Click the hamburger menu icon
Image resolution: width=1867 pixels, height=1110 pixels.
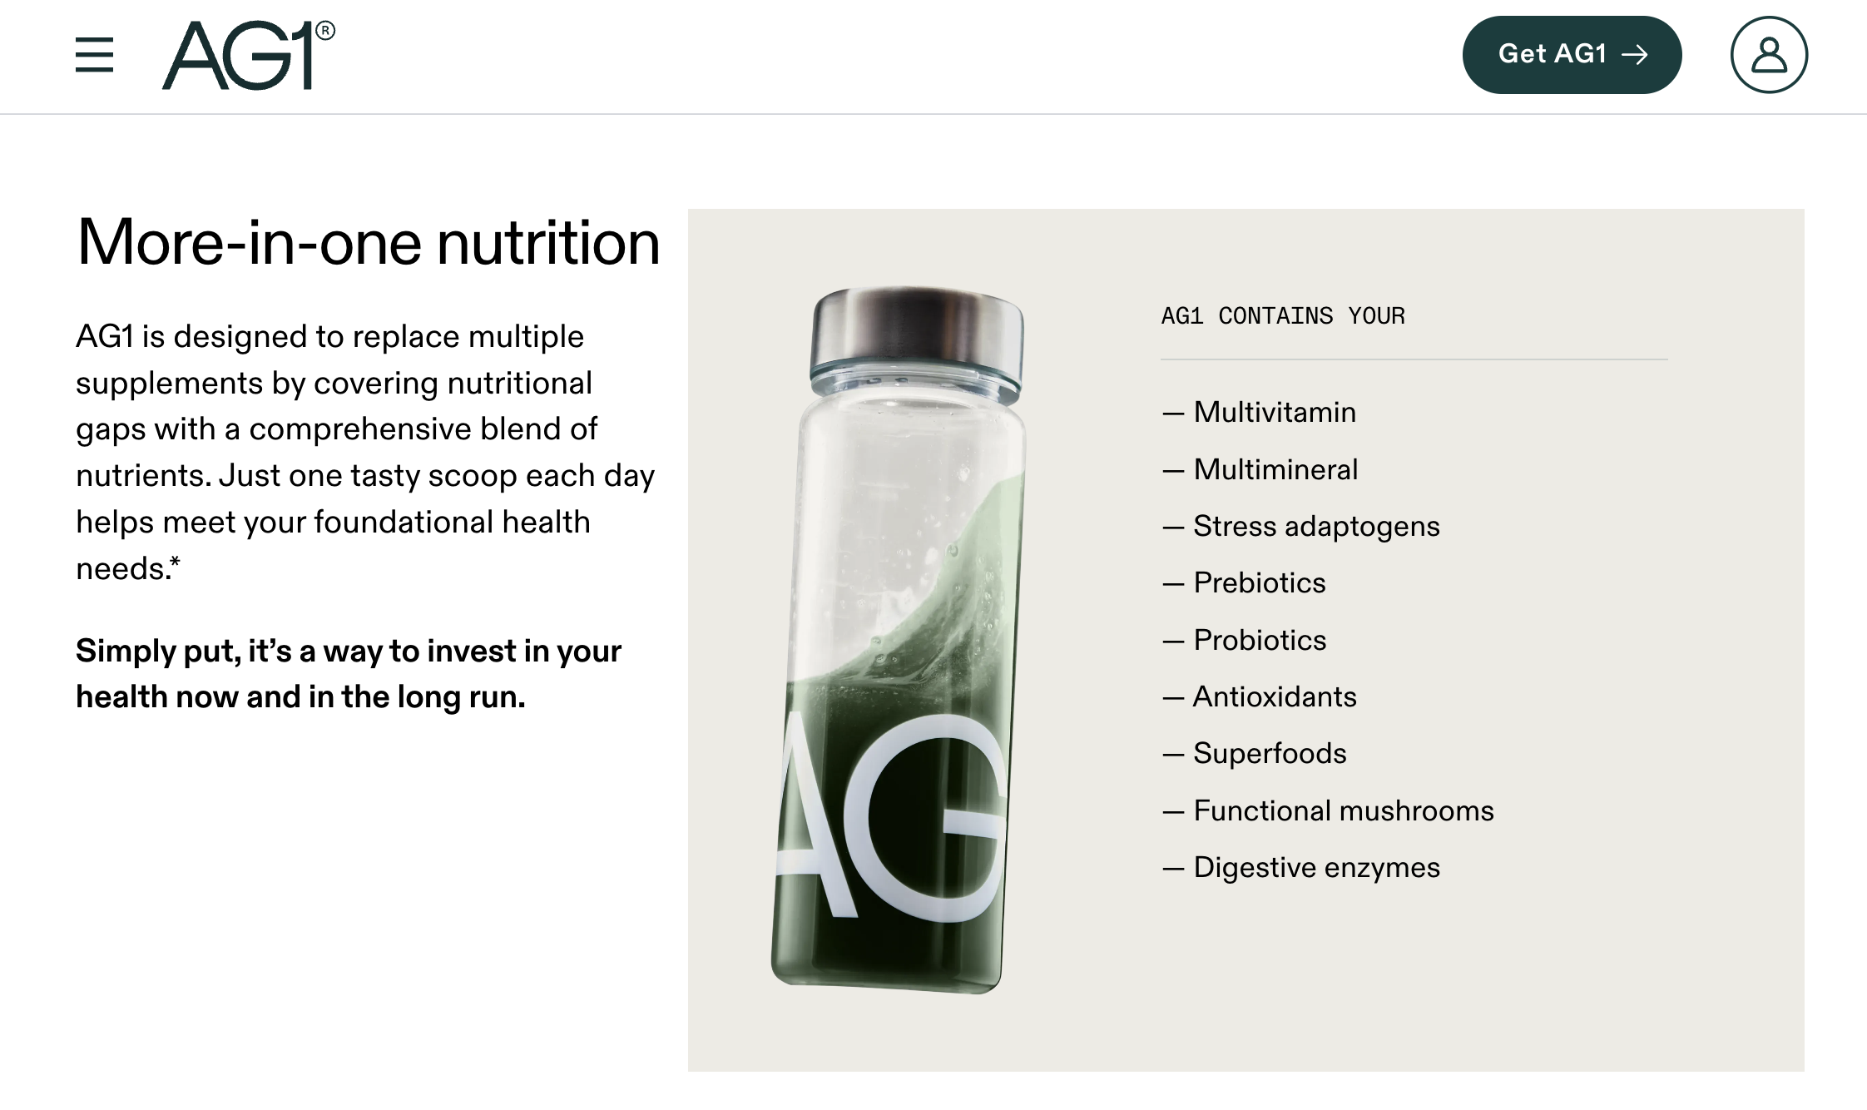coord(94,55)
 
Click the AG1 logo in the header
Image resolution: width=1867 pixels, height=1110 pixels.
coord(247,55)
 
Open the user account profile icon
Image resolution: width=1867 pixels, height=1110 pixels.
coord(1769,55)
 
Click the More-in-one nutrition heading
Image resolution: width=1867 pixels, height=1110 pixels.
coord(368,243)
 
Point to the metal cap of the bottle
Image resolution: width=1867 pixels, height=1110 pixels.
coord(917,329)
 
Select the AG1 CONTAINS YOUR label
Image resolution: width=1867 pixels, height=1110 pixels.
coord(1282,316)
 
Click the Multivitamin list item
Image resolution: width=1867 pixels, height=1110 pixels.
coord(1274,412)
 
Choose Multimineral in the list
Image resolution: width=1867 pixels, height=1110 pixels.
coord(1275,469)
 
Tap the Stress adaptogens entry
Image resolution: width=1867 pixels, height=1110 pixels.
coord(1315,526)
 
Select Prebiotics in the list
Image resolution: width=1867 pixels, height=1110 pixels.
coord(1259,582)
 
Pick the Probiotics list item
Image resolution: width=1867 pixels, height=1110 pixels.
coord(1259,640)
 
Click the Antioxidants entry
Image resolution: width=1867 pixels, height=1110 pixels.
coord(1274,696)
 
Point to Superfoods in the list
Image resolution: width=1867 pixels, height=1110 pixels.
coord(1269,753)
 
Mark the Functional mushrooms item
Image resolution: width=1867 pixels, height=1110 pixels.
coord(1343,810)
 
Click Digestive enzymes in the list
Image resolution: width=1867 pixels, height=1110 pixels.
coord(1315,867)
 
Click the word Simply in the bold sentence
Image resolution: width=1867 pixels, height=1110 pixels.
coord(125,652)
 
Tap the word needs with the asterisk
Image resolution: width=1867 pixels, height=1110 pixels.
coord(126,569)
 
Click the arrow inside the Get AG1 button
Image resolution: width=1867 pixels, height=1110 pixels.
coord(1635,55)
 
